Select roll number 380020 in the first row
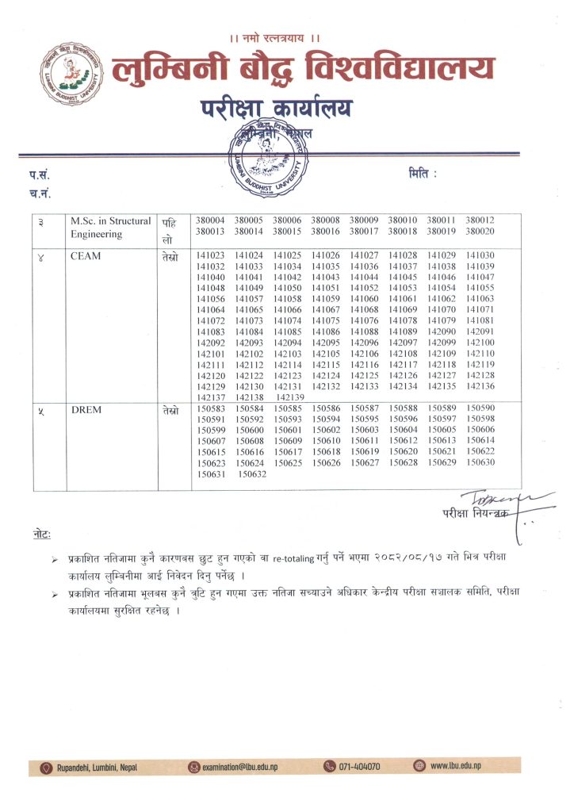(x=480, y=232)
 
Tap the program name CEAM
(x=85, y=255)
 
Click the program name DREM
(x=86, y=410)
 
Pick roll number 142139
(x=291, y=397)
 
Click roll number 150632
(x=253, y=474)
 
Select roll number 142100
(x=480, y=343)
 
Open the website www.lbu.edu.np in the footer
(x=455, y=766)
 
